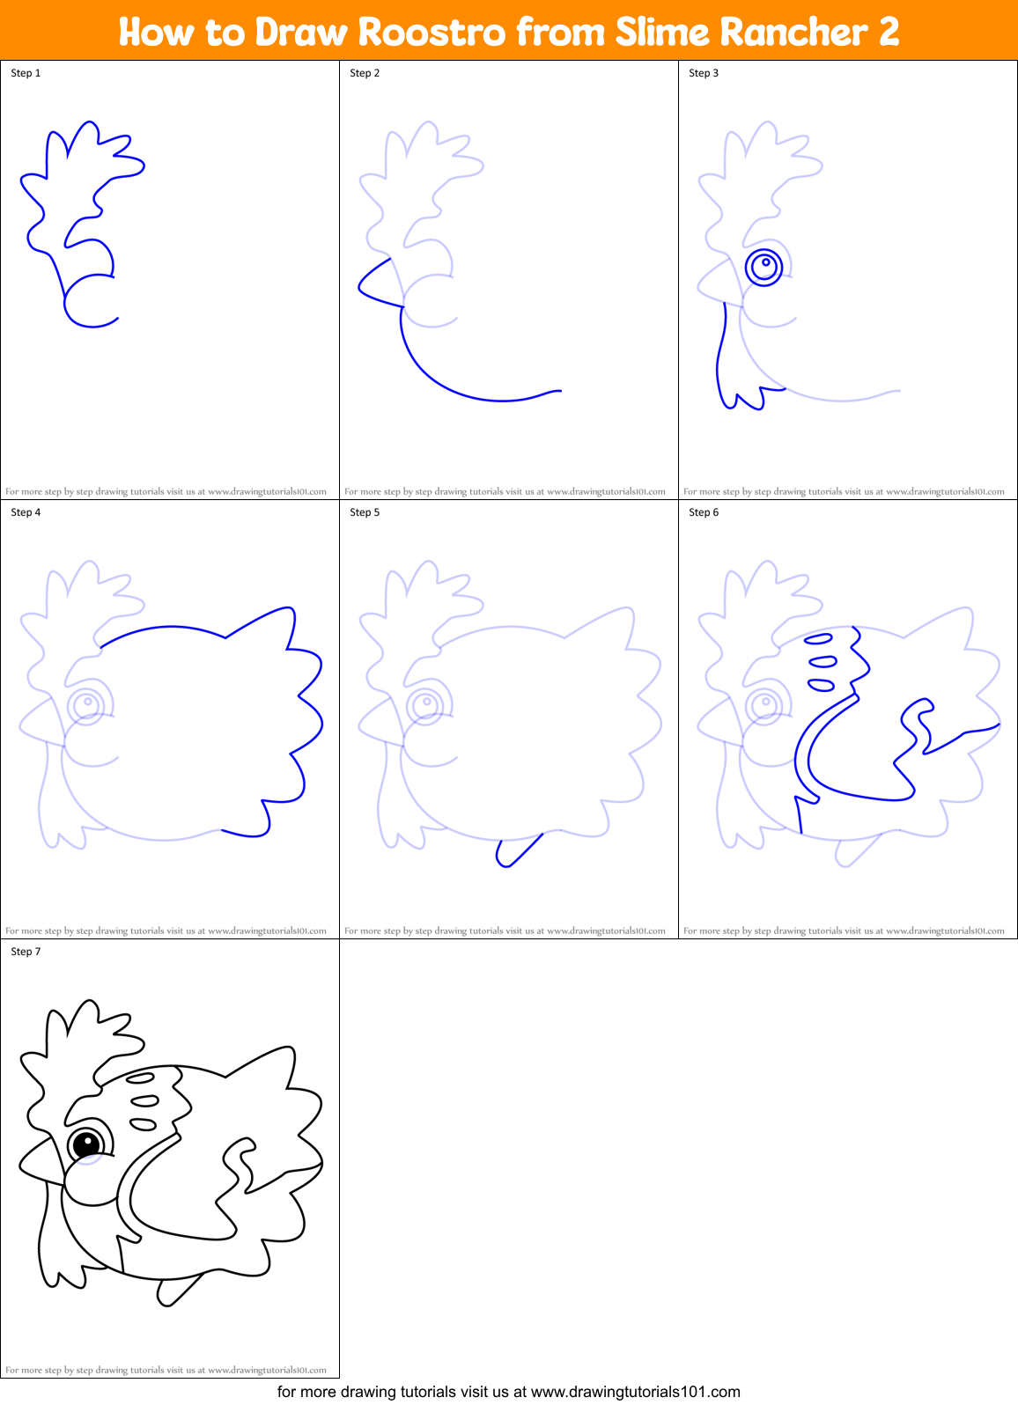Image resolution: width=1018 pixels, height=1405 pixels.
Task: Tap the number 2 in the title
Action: coord(888,33)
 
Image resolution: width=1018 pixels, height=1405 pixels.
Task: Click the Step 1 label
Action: coord(26,73)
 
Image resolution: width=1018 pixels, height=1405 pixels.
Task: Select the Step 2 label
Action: coord(365,73)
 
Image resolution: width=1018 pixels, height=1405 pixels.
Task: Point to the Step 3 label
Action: coord(704,73)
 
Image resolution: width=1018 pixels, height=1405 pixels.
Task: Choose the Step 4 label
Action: coord(26,512)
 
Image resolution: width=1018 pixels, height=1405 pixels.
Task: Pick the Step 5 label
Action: coord(365,512)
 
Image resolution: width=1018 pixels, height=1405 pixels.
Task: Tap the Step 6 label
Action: coord(704,512)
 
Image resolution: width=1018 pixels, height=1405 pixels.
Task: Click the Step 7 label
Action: coord(26,952)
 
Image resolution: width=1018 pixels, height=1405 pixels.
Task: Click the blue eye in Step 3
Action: coord(764,266)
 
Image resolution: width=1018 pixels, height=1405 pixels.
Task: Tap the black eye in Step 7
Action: coord(87,1144)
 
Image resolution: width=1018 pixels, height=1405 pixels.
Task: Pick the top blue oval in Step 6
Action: coord(819,639)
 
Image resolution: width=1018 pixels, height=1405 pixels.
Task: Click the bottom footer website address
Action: coord(635,1392)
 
